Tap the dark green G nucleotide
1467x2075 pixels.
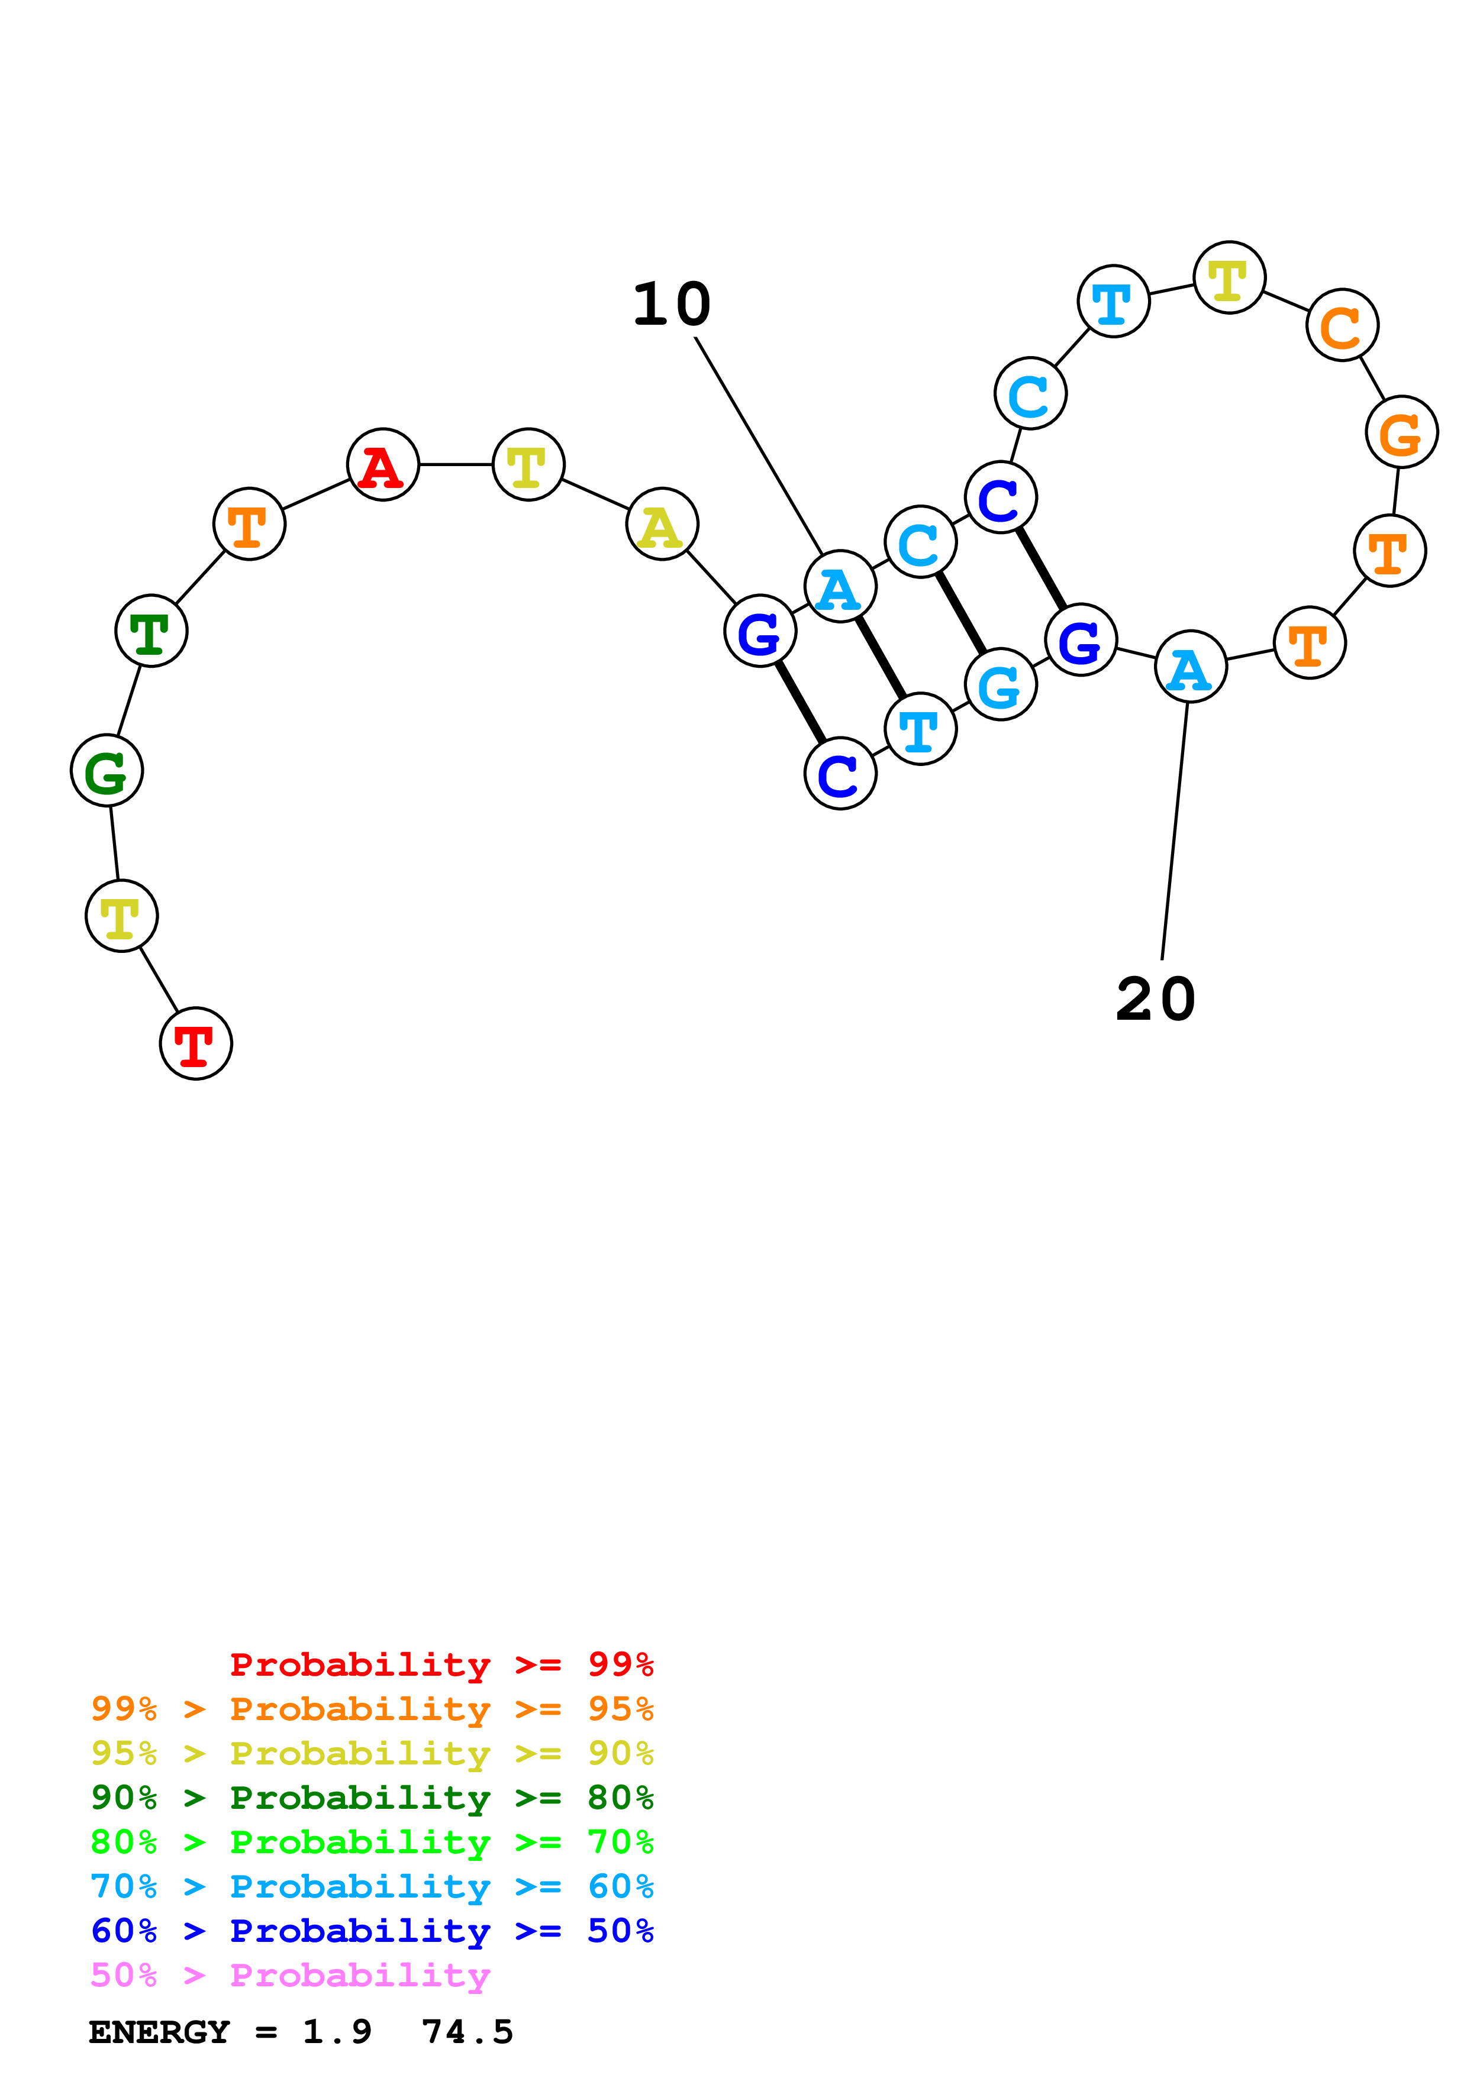(x=107, y=770)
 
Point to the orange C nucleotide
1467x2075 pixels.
(x=1342, y=325)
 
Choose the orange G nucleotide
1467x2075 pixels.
(x=1401, y=432)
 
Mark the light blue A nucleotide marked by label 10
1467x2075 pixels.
(x=840, y=587)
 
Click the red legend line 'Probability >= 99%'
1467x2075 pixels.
(x=441, y=1664)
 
